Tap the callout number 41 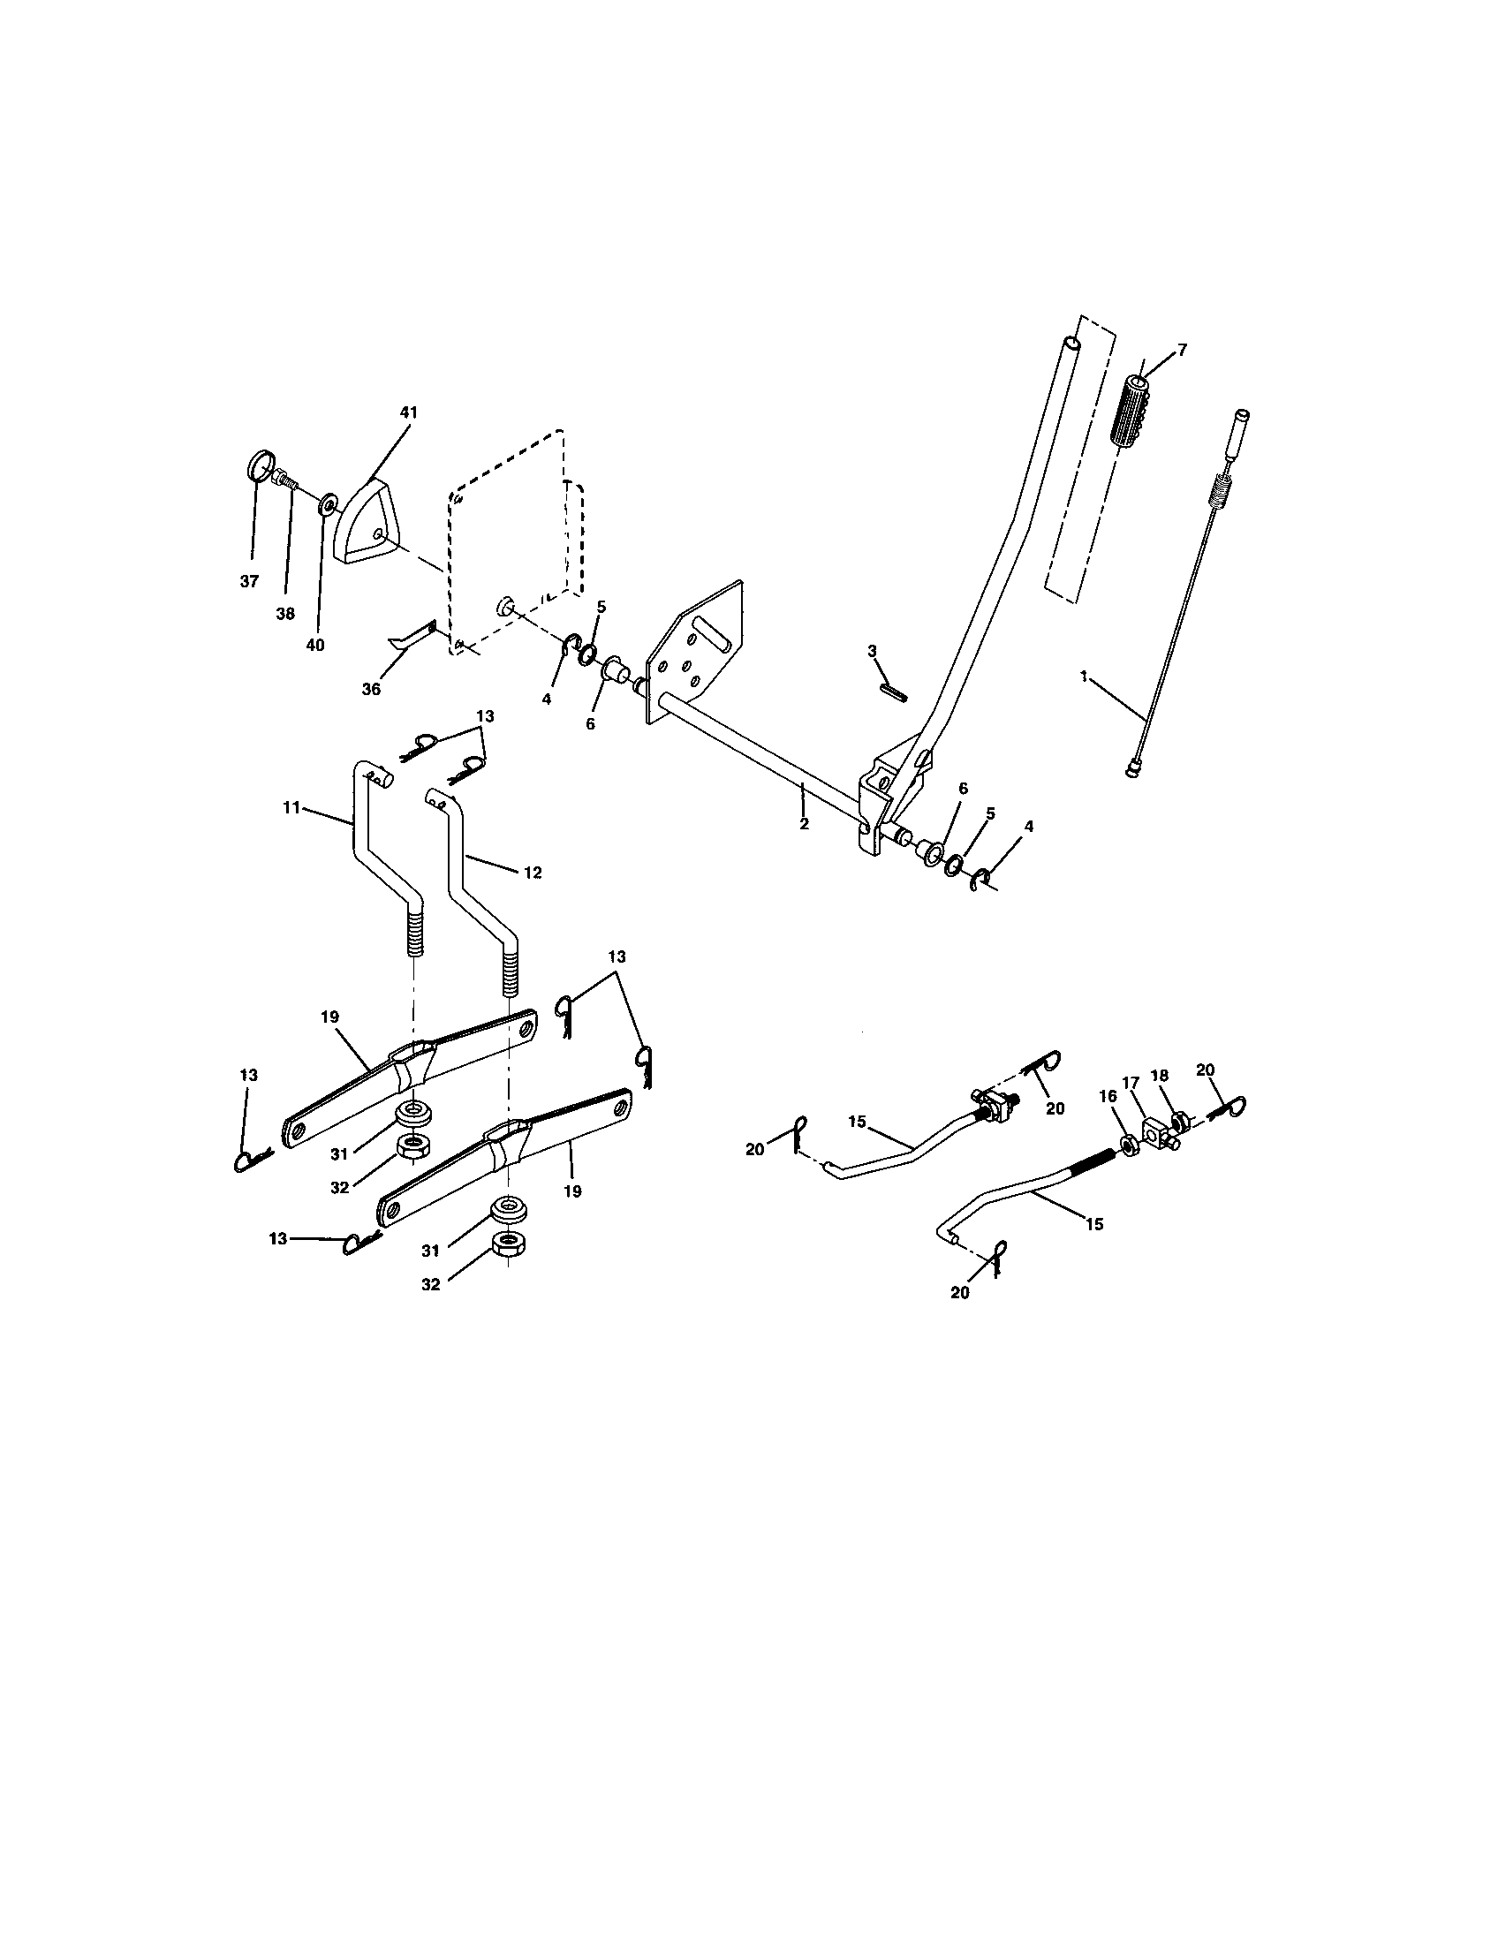[408, 412]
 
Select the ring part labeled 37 [256, 466]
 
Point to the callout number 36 [371, 690]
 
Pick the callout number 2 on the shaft [804, 824]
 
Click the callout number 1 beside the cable [1084, 677]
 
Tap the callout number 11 [291, 808]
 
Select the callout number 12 [532, 873]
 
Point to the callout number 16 [1108, 1097]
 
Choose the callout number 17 [1131, 1083]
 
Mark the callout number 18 [1159, 1075]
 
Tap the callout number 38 [284, 614]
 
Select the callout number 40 [315, 646]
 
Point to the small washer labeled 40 [329, 506]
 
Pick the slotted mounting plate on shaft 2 [701, 652]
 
